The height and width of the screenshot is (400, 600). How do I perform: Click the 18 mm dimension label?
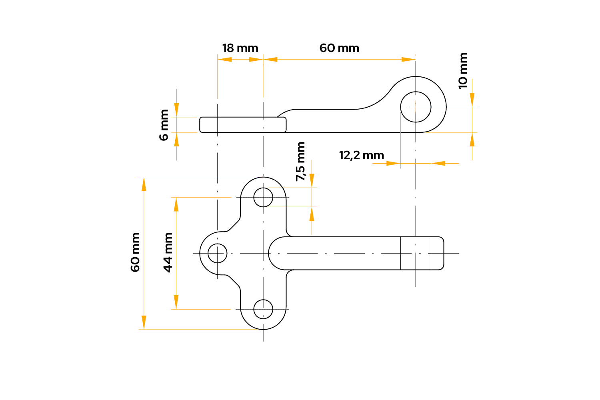pyautogui.click(x=240, y=48)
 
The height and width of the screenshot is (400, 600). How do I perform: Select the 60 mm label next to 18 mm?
pyautogui.click(x=339, y=48)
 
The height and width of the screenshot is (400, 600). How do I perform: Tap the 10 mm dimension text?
pyautogui.click(x=463, y=71)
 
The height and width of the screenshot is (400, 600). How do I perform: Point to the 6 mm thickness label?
pyautogui.click(x=164, y=125)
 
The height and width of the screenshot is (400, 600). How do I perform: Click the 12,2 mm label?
pyautogui.click(x=361, y=155)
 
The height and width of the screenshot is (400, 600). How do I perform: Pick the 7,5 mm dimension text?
pyautogui.click(x=300, y=162)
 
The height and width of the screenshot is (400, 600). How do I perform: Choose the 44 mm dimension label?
pyautogui.click(x=168, y=253)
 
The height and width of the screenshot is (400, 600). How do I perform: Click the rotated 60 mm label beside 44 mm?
pyautogui.click(x=135, y=252)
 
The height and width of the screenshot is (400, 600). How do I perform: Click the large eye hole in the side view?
pyautogui.click(x=416, y=107)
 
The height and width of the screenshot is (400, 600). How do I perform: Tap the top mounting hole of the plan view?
pyautogui.click(x=263, y=198)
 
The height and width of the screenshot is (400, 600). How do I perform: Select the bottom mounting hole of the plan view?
pyautogui.click(x=263, y=309)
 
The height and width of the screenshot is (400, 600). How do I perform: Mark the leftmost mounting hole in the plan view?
pyautogui.click(x=218, y=253)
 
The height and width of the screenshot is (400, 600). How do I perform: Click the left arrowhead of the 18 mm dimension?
pyautogui.click(x=224, y=60)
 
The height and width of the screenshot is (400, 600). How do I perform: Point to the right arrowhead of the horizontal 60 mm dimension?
pyautogui.click(x=408, y=60)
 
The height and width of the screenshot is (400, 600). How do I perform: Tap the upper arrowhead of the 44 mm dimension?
pyautogui.click(x=176, y=204)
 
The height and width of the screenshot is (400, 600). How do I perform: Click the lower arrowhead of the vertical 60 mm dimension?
pyautogui.click(x=144, y=322)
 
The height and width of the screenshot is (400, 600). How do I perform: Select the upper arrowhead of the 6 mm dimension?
pyautogui.click(x=176, y=110)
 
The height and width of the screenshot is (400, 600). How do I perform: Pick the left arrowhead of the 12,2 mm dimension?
pyautogui.click(x=393, y=163)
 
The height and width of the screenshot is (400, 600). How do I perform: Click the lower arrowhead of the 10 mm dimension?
pyautogui.click(x=472, y=139)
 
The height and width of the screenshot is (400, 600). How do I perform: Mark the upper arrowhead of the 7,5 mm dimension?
pyautogui.click(x=312, y=181)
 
